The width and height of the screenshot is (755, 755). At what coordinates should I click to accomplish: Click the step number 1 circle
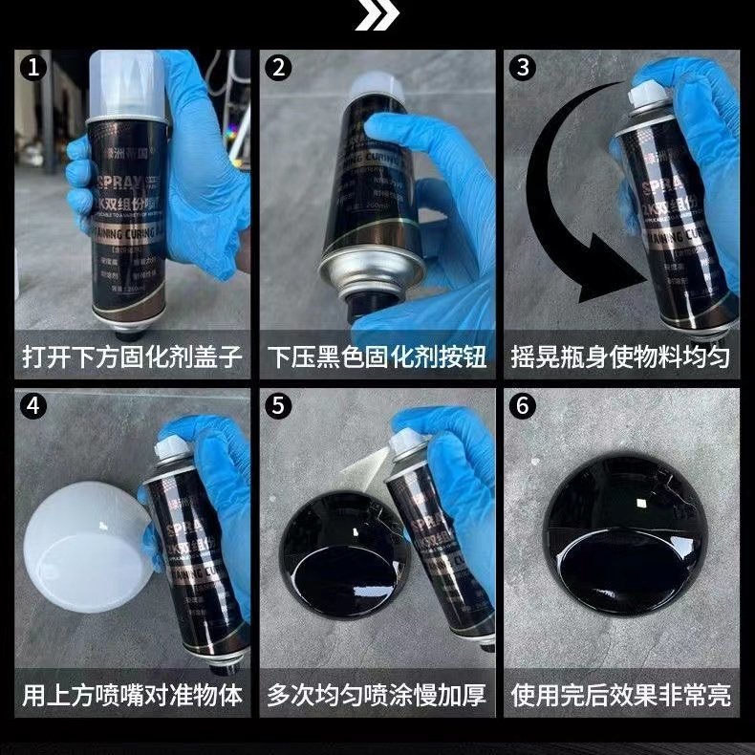(35, 68)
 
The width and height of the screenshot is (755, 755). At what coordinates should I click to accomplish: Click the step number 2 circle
(279, 68)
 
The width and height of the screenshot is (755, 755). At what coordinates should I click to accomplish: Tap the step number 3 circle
(522, 68)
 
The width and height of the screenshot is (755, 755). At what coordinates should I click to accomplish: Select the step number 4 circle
(35, 405)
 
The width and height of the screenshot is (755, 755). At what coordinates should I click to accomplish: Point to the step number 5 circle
(279, 405)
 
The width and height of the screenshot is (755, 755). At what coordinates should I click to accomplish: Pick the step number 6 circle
(522, 405)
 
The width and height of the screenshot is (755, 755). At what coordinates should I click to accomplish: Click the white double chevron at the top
(377, 16)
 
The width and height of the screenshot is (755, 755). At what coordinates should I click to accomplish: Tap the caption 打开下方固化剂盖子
(133, 357)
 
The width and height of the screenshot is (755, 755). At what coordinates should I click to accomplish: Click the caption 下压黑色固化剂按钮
(377, 357)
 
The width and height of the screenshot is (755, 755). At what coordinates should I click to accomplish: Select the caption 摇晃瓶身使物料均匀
(621, 357)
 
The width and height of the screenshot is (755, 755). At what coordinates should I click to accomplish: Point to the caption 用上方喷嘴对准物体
(133, 695)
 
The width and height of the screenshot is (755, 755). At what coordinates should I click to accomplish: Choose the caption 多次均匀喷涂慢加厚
(377, 695)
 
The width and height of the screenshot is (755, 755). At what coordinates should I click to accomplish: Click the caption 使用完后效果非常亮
(621, 695)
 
